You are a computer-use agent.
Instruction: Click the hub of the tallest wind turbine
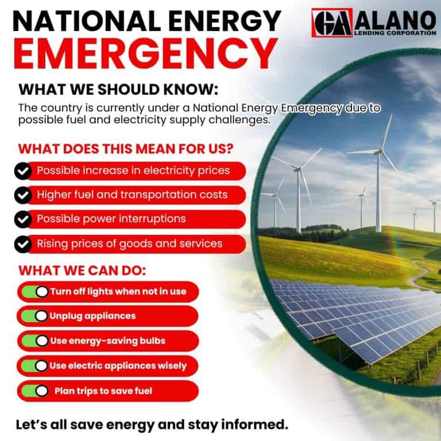378,150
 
